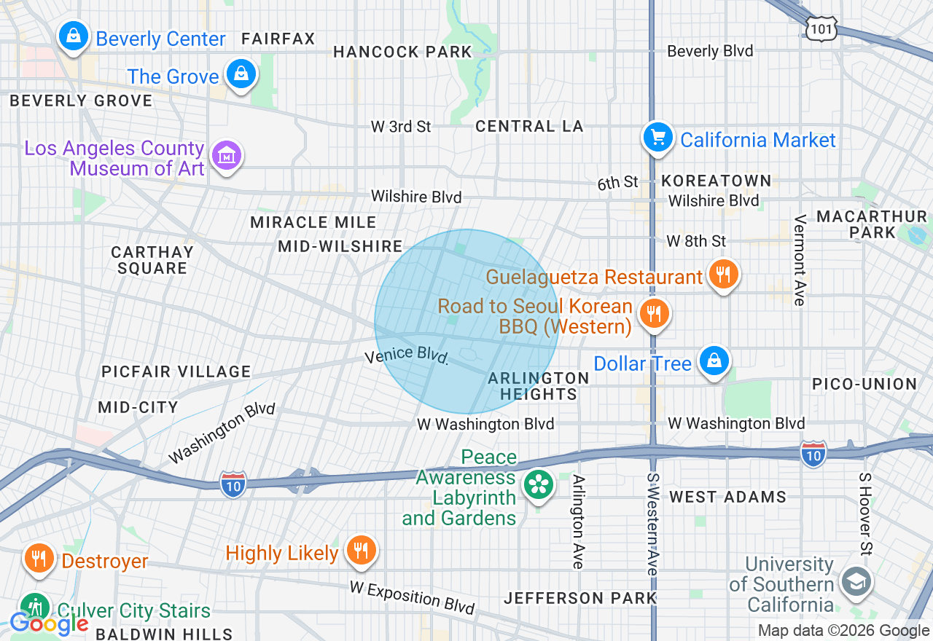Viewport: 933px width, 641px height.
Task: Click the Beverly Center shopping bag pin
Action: pos(74,36)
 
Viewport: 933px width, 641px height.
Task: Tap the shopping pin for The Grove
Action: pos(241,74)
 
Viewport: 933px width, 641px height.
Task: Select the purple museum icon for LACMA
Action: pos(227,155)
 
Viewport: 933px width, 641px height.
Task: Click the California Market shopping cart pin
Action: pos(657,137)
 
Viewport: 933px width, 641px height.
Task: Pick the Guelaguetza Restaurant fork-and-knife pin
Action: pos(722,275)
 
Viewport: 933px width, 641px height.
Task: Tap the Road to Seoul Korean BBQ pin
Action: pos(654,314)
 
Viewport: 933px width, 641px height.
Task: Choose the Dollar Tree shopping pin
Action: pos(714,361)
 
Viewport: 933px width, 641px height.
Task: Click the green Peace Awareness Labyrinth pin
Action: pos(539,484)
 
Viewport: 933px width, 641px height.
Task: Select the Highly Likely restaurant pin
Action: pos(360,550)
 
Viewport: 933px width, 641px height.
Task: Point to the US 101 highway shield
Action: pos(821,28)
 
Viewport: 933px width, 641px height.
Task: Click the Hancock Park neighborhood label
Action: pos(403,52)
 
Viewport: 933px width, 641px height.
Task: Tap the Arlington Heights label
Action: pos(538,386)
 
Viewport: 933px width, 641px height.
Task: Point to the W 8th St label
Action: pos(696,240)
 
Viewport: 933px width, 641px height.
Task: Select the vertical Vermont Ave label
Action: pos(800,260)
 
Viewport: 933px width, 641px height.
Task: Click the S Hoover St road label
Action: pos(865,514)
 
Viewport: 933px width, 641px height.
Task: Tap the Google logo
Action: pos(49,623)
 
